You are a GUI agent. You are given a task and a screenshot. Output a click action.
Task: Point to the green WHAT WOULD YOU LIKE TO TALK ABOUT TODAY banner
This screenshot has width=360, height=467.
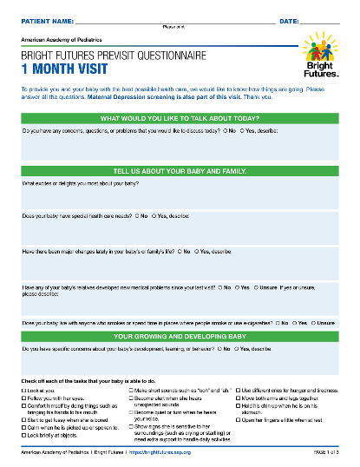pyautogui.click(x=180, y=117)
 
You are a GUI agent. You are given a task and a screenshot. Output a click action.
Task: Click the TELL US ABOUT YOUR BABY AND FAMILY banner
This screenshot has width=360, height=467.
pyautogui.click(x=180, y=171)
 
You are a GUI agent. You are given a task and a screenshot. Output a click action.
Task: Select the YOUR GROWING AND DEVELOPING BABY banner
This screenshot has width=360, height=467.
pyautogui.click(x=180, y=335)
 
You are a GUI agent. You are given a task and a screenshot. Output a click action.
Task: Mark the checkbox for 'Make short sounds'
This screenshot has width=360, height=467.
pyautogui.click(x=131, y=391)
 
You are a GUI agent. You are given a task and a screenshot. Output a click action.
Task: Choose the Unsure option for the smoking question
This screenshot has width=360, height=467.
pyautogui.click(x=316, y=322)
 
